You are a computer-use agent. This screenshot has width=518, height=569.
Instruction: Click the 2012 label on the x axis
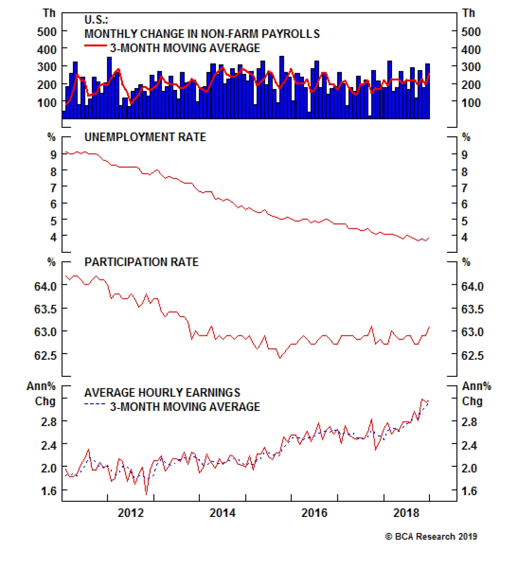coord(130,513)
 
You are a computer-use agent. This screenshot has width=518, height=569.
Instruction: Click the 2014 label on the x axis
coord(222,513)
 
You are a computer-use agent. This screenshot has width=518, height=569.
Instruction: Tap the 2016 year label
coord(314,513)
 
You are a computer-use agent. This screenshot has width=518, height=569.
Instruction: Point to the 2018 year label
coord(406,513)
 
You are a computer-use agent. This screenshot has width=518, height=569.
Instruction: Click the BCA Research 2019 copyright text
coord(431,537)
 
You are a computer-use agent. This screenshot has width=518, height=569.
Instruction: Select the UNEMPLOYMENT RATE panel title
coord(145,137)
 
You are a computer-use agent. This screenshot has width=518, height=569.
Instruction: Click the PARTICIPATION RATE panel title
coord(141,262)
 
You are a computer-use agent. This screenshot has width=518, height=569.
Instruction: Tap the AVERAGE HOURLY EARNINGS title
coord(162,393)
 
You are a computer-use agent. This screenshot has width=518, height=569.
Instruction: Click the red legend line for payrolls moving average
coord(95,46)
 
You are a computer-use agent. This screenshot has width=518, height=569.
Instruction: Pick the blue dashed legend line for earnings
coord(95,404)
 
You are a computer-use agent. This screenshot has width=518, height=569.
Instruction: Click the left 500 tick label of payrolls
coord(47,32)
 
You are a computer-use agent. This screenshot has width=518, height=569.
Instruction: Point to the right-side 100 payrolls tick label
coord(471,103)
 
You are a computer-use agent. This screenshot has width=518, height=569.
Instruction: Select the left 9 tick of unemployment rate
coord(53,155)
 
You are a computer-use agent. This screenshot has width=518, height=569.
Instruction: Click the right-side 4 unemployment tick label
coord(464,238)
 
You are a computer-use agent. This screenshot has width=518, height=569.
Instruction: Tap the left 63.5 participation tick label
coord(45,309)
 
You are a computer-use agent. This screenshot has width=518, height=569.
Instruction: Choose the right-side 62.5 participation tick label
coord(472,356)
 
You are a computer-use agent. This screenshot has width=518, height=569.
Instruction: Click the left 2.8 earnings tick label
coord(49,422)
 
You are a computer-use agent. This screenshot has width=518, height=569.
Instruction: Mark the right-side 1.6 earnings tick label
coord(469,491)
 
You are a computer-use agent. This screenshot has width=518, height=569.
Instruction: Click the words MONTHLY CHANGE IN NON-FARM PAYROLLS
coord(202,34)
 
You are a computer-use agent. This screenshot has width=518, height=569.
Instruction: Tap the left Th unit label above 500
coord(49,13)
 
